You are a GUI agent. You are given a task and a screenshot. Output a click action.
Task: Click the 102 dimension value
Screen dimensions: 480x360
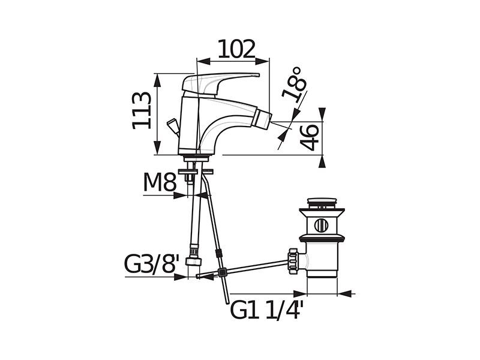[236, 49]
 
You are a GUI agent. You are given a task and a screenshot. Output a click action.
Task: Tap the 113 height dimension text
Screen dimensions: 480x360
[142, 110]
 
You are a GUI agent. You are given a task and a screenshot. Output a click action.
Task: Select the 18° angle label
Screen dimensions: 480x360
[294, 85]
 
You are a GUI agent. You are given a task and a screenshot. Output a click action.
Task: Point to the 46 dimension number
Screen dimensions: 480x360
[309, 137]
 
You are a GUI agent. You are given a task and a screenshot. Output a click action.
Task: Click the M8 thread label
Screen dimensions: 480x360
[160, 182]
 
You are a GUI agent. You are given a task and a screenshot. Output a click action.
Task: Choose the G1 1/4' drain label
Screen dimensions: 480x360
[266, 310]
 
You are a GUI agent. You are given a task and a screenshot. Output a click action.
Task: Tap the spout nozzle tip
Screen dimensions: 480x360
[264, 118]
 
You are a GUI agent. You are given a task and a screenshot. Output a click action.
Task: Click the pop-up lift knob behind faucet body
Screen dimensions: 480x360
[173, 127]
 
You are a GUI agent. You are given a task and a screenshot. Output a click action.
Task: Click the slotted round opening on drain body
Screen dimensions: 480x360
[321, 226]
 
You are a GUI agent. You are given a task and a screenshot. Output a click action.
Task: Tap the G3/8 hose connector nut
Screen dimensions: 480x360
[194, 261]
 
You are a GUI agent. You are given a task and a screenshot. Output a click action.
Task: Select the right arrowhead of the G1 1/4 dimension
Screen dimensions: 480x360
[344, 293]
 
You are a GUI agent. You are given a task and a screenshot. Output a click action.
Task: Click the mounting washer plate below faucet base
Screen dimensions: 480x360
[196, 171]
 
